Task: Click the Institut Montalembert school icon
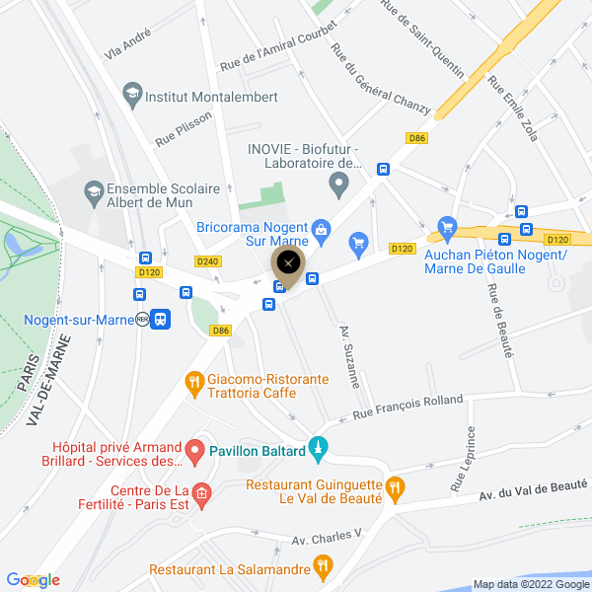click(x=131, y=96)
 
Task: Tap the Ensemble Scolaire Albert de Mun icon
click(x=94, y=190)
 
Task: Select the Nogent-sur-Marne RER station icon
click(x=161, y=319)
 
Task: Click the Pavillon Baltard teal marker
click(x=318, y=450)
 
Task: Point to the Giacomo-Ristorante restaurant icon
click(x=193, y=381)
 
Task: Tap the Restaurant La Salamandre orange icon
click(x=322, y=566)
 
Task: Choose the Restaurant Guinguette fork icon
click(x=396, y=485)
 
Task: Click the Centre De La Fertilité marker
click(x=201, y=493)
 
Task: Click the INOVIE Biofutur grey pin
click(x=338, y=183)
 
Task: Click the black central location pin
click(x=287, y=263)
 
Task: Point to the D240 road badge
click(x=207, y=261)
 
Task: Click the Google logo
click(x=33, y=580)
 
